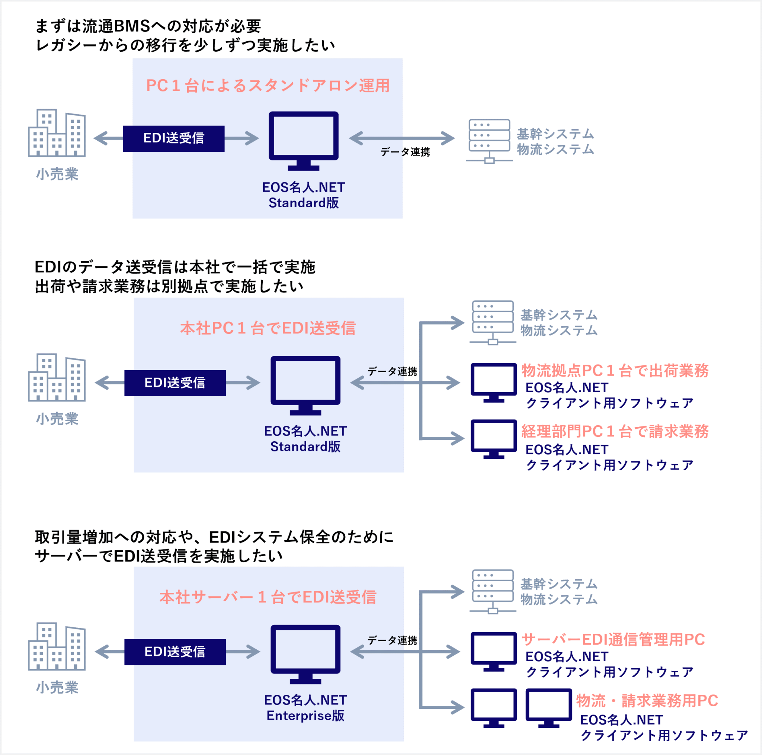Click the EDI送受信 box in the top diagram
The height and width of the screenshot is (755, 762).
(173, 138)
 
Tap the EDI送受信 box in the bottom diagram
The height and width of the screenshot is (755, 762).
(175, 652)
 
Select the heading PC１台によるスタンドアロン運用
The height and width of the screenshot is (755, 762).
(268, 86)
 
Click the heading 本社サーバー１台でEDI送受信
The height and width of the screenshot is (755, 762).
(268, 597)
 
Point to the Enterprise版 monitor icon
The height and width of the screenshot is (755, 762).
(305, 653)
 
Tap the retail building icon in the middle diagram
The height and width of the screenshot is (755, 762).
(57, 377)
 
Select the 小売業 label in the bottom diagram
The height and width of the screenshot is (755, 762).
(57, 688)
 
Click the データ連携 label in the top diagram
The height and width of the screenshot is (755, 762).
(405, 152)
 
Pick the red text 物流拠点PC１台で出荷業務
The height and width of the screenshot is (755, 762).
(615, 371)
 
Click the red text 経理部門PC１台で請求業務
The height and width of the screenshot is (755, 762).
(615, 432)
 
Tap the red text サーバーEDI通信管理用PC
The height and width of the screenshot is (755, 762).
(613, 639)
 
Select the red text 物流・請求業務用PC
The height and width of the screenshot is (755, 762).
(647, 701)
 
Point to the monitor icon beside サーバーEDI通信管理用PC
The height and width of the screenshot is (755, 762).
(493, 651)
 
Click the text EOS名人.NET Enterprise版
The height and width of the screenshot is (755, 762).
(305, 708)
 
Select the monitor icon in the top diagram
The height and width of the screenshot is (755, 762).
(303, 140)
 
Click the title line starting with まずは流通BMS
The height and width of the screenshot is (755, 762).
(148, 26)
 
